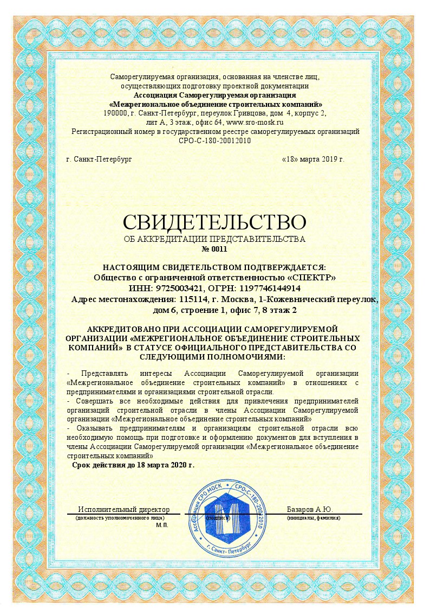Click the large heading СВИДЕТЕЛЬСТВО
pos(214,222)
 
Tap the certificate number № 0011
pos(214,249)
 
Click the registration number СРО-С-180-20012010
pos(214,141)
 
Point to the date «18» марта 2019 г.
pos(313,159)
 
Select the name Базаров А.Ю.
pos(309,509)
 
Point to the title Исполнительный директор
pos(124,509)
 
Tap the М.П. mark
pos(162,525)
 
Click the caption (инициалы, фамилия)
pos(314,518)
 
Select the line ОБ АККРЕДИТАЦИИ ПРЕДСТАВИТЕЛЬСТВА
pos(214,239)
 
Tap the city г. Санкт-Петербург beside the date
pos(99,159)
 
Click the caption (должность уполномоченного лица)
pos(112,518)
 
